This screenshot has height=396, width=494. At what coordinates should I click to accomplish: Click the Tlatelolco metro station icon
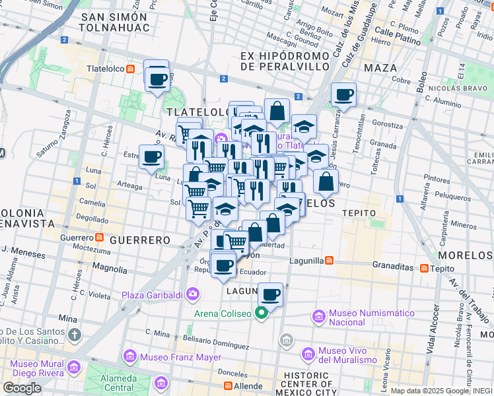[x=131, y=68]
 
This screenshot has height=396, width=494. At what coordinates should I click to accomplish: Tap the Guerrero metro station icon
[x=99, y=237]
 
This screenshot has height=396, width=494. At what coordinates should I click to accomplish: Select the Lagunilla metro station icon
[x=329, y=261]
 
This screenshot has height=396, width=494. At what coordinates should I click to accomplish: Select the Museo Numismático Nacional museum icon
[x=320, y=317]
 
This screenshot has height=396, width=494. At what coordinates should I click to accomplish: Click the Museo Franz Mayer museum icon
[x=130, y=357]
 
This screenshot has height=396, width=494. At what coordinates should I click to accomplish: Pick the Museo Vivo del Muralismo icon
[x=308, y=355]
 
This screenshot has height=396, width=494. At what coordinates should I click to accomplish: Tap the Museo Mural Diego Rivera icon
[x=73, y=366]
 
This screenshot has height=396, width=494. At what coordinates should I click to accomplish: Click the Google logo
[x=22, y=388]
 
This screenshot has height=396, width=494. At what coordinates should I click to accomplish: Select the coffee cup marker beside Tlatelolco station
[x=157, y=80]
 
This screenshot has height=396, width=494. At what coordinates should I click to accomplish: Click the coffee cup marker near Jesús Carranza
[x=343, y=94]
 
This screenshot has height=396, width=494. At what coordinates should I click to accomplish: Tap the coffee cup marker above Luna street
[x=152, y=157]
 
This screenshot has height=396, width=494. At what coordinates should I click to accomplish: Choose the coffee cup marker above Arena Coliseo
[x=270, y=294]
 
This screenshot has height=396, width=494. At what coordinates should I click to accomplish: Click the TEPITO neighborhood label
[x=359, y=213]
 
